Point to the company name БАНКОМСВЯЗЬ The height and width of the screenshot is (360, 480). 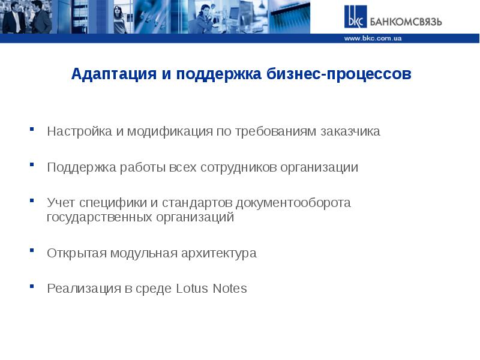(406, 22)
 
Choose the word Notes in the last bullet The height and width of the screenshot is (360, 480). (229, 289)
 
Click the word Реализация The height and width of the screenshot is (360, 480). (83, 289)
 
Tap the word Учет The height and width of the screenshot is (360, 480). (60, 203)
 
